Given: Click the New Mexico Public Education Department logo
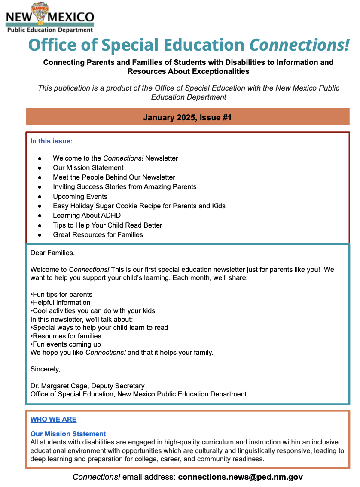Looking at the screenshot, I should click(49, 18).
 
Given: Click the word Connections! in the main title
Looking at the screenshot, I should click(300, 45).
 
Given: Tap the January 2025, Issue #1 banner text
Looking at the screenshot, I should click(187, 117).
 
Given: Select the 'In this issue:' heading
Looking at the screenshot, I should click(52, 141).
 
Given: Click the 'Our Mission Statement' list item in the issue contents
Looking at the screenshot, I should click(88, 168).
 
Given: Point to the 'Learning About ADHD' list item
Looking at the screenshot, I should click(87, 216).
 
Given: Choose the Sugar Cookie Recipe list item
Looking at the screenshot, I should click(139, 206).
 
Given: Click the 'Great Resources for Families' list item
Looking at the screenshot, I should click(98, 235).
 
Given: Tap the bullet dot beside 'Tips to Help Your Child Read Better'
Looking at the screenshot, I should click(40, 225).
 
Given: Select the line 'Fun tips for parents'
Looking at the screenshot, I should click(62, 295).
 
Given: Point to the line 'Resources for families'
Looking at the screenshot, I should click(67, 336).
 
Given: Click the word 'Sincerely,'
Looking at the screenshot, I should click(45, 369).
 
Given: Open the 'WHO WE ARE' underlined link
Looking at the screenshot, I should click(53, 420).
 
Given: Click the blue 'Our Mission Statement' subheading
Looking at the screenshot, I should click(68, 434).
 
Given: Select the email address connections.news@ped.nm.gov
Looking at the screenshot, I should click(240, 477).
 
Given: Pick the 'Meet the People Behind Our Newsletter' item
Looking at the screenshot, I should click(114, 177).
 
